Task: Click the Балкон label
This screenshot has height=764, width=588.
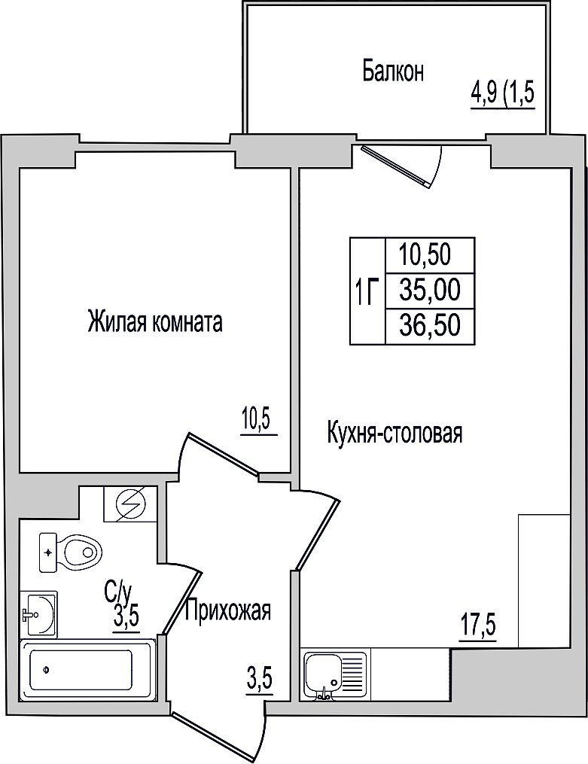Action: click(393, 72)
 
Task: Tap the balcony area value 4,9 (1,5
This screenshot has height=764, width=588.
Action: click(503, 94)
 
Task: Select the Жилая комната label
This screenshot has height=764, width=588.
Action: click(155, 323)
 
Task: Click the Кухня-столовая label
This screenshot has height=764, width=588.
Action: click(395, 433)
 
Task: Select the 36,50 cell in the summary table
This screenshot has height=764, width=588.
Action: click(430, 325)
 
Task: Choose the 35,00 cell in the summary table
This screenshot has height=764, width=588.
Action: click(430, 291)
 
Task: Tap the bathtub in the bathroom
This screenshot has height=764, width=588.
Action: click(87, 670)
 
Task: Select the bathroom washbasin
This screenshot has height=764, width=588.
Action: click(39, 614)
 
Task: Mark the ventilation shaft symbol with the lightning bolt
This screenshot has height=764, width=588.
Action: click(130, 504)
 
